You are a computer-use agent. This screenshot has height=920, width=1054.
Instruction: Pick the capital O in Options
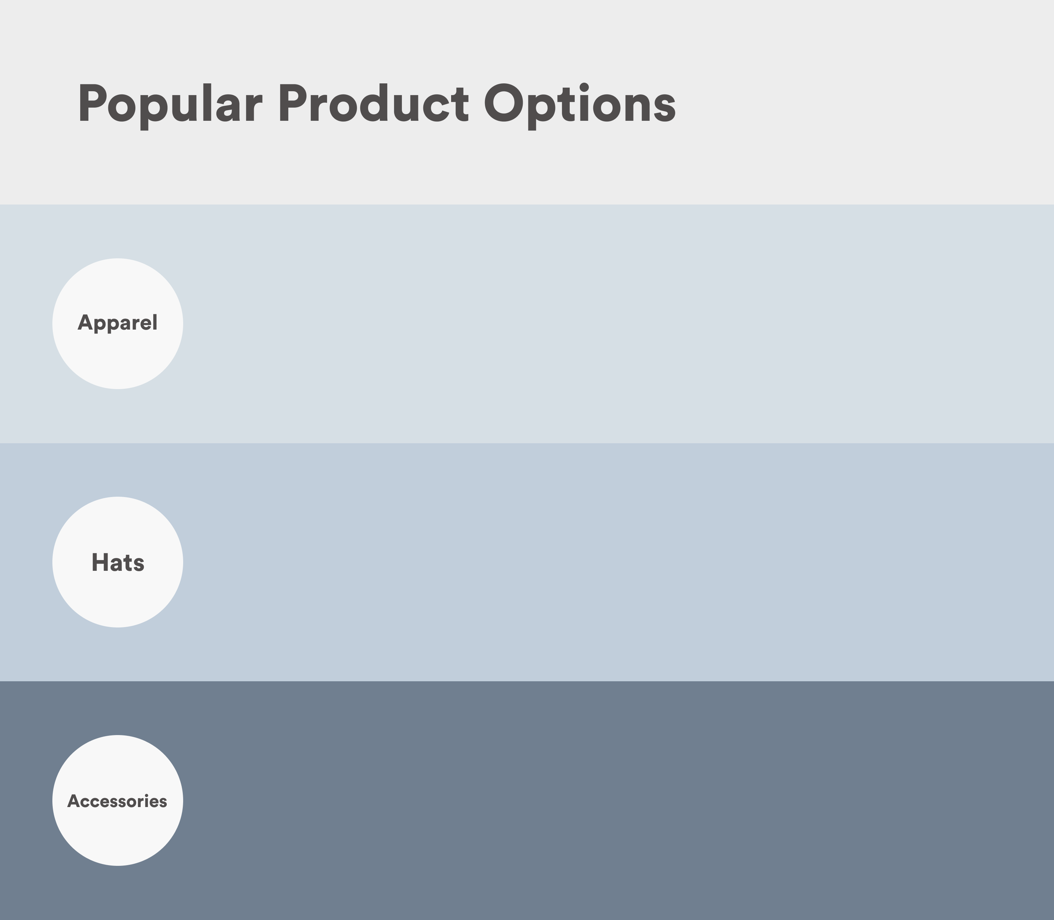pyautogui.click(x=505, y=103)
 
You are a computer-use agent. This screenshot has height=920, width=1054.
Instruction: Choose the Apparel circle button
pyautogui.click(x=118, y=324)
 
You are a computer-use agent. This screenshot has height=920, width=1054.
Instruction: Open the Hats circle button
pyautogui.click(x=118, y=562)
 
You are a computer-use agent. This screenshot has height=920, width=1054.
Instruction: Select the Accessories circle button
pyautogui.click(x=118, y=800)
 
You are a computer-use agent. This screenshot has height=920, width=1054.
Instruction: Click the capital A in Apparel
pyautogui.click(x=85, y=322)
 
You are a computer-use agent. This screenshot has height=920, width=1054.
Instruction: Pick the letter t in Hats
pyautogui.click(x=128, y=563)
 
